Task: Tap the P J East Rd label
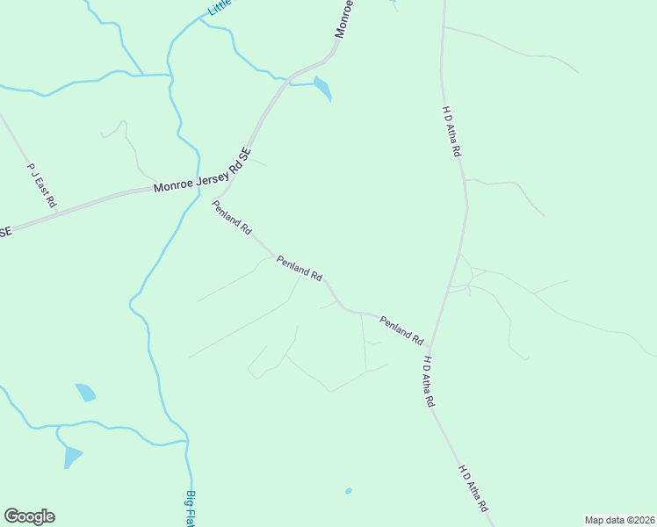pos(41,184)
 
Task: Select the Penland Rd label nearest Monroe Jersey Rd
pos(232,217)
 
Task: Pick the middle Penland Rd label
pos(299,267)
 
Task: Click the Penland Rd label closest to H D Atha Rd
pos(401,329)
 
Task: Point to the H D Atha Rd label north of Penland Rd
pos(451,131)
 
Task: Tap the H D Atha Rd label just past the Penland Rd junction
pos(429,381)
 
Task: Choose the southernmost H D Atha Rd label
pos(473,488)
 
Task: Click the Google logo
pos(29,516)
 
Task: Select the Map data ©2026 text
pos(619,520)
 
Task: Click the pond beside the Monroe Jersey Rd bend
pos(323,88)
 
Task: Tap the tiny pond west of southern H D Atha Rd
pos(349,490)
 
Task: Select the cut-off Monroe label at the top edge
pos(344,18)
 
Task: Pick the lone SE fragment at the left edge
pos(5,232)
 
